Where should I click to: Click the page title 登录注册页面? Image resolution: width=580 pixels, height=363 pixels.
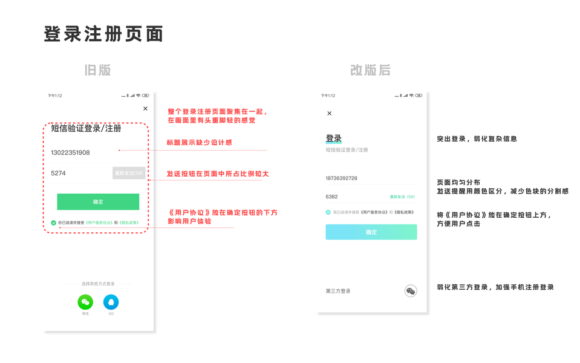pos(103,34)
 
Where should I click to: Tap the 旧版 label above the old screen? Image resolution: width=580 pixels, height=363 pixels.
pos(97,70)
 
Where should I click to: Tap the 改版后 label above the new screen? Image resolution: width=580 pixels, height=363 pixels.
pos(370,70)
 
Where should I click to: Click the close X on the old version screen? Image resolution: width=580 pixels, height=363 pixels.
pos(145,109)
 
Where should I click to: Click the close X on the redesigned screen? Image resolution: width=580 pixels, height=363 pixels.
pos(329,113)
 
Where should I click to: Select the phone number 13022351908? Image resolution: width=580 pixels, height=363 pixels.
pos(70,152)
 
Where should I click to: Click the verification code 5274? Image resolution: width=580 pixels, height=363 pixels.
pos(58,173)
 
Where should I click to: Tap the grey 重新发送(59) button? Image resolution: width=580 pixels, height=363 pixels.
pos(129,173)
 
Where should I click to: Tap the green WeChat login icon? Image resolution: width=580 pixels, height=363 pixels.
pos(85,302)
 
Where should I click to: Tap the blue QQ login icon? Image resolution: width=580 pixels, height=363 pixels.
pos(111,302)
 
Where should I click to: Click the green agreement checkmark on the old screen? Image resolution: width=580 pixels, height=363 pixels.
pos(53,223)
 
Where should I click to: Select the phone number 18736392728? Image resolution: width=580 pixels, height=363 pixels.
pos(341,178)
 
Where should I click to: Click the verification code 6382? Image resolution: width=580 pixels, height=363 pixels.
pos(331,197)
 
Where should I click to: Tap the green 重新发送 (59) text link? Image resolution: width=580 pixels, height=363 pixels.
pos(402,197)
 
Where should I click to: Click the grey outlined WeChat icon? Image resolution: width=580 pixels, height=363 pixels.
pos(411,291)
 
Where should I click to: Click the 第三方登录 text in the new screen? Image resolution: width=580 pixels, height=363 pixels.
pos(338,291)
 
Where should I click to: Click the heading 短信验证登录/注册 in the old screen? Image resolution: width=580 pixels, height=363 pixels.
pos(86,128)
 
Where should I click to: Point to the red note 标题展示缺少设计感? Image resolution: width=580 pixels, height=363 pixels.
pos(199,143)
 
